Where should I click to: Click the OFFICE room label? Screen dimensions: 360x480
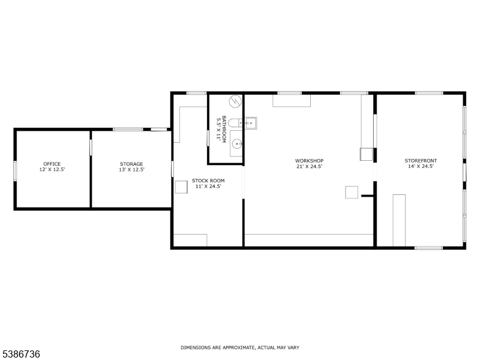click(x=52, y=164)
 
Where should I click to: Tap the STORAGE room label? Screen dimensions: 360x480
click(x=131, y=164)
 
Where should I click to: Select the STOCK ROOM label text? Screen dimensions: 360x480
click(x=208, y=181)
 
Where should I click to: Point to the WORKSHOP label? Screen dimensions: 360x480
click(x=309, y=161)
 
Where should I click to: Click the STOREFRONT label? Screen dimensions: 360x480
click(x=421, y=161)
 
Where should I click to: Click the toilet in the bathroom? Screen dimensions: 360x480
click(x=236, y=123)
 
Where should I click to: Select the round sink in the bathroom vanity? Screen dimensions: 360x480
click(x=238, y=143)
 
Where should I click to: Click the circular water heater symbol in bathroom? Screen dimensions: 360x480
click(x=236, y=101)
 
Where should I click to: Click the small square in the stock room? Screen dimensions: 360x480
click(x=181, y=187)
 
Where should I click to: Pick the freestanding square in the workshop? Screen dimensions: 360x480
click(x=352, y=192)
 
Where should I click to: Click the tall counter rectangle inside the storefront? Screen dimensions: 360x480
click(x=399, y=220)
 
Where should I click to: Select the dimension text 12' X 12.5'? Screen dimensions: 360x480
click(x=52, y=170)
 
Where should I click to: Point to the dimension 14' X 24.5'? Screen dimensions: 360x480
click(x=421, y=167)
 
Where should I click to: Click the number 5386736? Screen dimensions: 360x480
click(x=21, y=354)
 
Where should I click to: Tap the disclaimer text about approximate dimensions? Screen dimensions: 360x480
click(x=240, y=347)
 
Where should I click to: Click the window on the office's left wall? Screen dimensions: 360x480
click(x=16, y=170)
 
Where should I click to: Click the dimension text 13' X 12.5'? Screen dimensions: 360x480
click(x=131, y=170)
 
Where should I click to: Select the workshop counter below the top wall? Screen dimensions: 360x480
click(x=292, y=100)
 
